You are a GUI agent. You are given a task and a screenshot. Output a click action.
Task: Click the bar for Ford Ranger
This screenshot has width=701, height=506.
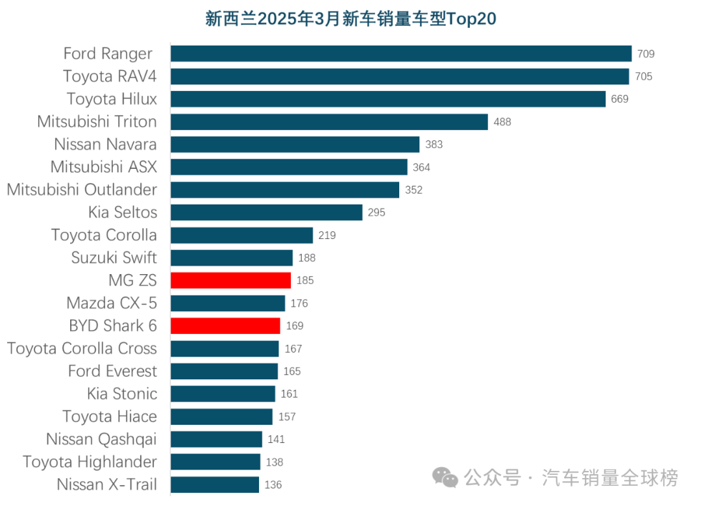click(400, 54)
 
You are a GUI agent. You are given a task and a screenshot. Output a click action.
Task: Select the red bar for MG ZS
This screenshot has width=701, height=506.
click(230, 281)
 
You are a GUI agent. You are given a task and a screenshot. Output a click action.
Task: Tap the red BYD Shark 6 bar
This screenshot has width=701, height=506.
click(225, 326)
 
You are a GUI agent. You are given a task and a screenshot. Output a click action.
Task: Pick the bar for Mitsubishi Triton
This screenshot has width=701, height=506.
click(328, 122)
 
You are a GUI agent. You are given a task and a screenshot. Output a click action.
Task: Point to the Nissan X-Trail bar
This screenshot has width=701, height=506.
click(215, 485)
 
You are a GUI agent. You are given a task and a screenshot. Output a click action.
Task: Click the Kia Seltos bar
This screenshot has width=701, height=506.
click(266, 212)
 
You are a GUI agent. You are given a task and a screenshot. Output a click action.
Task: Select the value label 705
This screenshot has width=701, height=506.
click(643, 77)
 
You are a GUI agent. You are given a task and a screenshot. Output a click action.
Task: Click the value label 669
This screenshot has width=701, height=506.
click(620, 99)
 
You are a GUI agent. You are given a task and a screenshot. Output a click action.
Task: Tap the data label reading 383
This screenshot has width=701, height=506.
click(434, 144)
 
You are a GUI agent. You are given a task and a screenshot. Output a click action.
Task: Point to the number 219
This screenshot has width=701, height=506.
click(327, 235)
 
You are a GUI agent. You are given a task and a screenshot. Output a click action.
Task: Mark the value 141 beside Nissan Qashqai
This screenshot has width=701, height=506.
click(276, 440)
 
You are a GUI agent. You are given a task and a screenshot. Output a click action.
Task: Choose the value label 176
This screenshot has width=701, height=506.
click(299, 303)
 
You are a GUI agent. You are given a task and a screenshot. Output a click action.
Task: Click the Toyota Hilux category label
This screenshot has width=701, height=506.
click(112, 99)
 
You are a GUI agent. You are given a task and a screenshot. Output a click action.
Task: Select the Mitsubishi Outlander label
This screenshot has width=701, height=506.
click(82, 190)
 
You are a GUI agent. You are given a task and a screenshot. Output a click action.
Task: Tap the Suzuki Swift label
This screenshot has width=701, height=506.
click(114, 258)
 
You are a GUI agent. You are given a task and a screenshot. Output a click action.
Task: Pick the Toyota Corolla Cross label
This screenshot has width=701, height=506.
click(82, 349)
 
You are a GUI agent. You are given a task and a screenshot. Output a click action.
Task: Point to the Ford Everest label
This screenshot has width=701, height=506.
click(112, 371)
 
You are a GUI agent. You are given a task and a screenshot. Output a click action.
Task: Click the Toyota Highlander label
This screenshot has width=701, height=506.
click(90, 462)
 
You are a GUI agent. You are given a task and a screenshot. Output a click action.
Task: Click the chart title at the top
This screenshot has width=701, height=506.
click(350, 19)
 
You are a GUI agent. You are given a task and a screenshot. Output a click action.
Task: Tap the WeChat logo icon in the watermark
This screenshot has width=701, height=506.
click(446, 479)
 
